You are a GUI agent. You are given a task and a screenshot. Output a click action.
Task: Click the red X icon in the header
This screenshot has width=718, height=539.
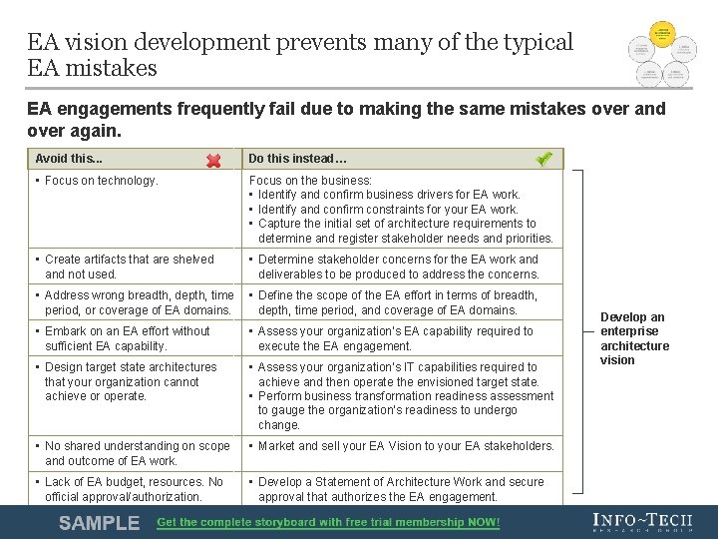tap(213, 160)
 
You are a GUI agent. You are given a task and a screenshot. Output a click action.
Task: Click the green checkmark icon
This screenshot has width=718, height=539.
tap(543, 159)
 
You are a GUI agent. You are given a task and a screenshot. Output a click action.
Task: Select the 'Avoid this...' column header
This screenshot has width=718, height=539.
tap(70, 159)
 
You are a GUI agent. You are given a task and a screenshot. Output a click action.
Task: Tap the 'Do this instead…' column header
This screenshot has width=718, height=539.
tap(297, 159)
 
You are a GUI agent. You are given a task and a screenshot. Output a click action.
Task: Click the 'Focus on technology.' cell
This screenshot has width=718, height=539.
tap(101, 181)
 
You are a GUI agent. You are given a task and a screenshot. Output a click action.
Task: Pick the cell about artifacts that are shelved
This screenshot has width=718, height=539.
tap(129, 267)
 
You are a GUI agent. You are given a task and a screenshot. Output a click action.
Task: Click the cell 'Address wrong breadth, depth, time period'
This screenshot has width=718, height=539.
tap(138, 302)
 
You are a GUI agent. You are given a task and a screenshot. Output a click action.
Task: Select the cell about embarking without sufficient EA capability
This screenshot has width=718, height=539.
tap(127, 338)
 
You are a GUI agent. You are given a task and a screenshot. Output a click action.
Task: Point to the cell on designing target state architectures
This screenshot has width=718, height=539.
tap(130, 381)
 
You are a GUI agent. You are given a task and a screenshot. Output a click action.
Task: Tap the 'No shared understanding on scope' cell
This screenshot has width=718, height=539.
tap(137, 453)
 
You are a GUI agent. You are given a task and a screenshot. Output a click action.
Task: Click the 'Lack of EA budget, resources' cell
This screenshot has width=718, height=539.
tap(134, 489)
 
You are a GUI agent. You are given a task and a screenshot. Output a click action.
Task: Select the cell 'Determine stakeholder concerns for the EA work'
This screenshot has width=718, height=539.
tap(398, 267)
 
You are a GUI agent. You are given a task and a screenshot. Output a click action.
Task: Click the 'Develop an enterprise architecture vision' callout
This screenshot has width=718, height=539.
tap(634, 338)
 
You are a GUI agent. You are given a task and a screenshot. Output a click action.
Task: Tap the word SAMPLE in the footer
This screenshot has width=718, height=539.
tap(99, 522)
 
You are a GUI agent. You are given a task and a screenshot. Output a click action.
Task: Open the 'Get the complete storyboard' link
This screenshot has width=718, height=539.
tap(328, 522)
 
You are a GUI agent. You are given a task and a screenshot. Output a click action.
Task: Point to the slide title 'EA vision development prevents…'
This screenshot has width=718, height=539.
tap(299, 55)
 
